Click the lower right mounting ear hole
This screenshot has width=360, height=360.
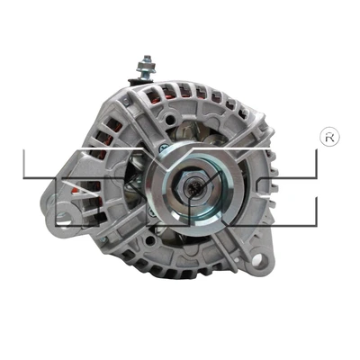[262, 262]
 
